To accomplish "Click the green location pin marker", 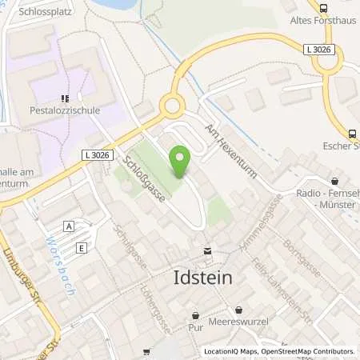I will point(181,162).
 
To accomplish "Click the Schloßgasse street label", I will point(143,181).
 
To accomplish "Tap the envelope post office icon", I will point(207,250).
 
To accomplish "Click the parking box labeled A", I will point(70,226).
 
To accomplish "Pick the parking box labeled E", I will point(82,248).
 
